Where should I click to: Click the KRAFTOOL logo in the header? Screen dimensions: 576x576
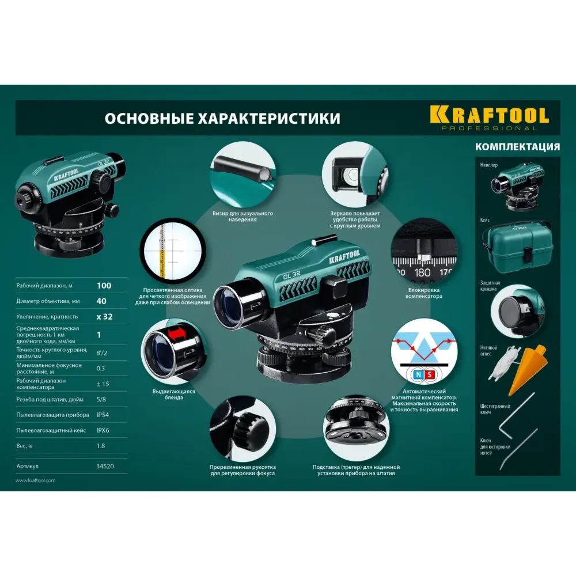(489, 118)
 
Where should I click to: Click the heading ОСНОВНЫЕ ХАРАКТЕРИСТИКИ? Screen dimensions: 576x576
(222, 119)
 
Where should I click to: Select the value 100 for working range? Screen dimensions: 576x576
(104, 286)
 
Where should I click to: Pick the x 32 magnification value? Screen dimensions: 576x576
(104, 317)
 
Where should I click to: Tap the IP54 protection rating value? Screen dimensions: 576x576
(103, 415)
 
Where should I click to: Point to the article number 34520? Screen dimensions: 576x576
(105, 466)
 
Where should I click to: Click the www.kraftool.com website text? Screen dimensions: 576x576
(36, 480)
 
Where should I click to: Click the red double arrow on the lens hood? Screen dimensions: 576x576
(178, 334)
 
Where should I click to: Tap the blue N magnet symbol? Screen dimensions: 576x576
(418, 375)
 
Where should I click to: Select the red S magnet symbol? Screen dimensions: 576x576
(429, 375)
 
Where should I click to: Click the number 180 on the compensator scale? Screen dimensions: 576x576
(422, 272)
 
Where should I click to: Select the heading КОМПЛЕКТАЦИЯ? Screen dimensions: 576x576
(518, 147)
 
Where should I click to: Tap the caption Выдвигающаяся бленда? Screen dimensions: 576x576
(174, 394)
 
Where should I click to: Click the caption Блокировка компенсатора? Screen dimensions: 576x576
(423, 293)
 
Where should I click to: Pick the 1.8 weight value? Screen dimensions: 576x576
(101, 446)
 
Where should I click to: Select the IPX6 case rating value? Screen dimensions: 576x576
(103, 430)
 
